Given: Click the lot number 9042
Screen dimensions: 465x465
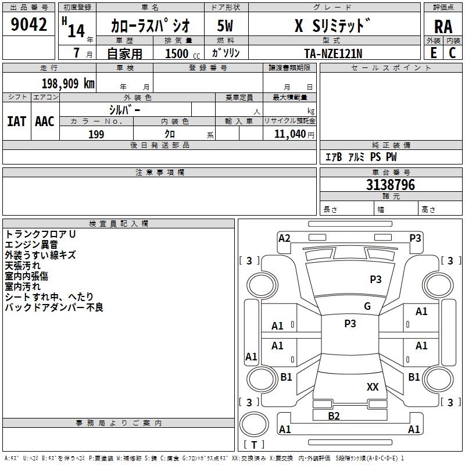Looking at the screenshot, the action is coord(29,25).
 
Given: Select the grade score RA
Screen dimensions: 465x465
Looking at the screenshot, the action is coord(443,27).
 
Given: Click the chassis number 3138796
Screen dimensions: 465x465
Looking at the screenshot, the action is coord(391,185).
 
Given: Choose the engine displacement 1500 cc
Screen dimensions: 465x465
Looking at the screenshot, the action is coord(177,53).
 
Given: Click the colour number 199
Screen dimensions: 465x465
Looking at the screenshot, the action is coord(96,134).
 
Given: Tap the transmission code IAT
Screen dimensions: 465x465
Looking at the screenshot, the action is coord(16,121).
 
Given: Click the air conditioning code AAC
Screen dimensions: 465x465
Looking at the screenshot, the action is coord(45,121).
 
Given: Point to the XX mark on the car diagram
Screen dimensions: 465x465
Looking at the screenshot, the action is coord(373,387).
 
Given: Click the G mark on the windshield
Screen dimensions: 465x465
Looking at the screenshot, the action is coord(367,306).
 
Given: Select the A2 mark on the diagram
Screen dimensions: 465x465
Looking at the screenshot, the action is coord(284,238).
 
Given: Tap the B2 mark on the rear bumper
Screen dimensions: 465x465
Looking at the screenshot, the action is coord(334,416).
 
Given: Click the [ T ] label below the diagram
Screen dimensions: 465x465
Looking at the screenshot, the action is coord(254,445).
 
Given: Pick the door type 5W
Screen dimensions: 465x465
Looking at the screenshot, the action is coord(225,26).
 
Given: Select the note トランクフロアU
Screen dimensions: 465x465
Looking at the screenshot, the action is coord(41,234).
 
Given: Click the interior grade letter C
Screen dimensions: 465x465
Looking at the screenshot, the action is coord(452,53).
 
